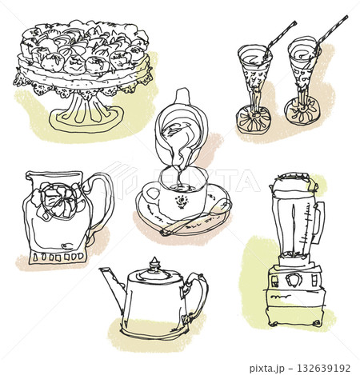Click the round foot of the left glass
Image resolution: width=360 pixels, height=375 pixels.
pyautogui.click(x=254, y=121)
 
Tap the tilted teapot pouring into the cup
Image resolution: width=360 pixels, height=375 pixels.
pyautogui.click(x=182, y=129)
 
